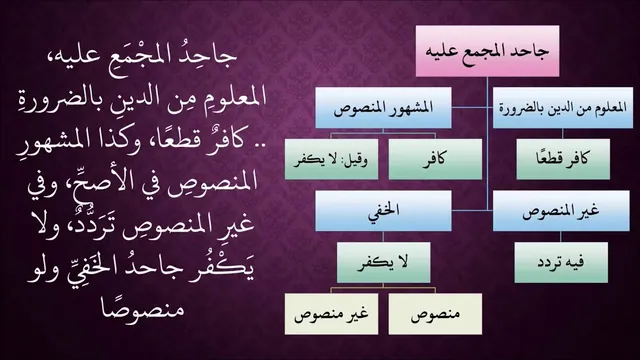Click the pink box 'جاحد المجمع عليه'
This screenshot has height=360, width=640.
(x=487, y=51)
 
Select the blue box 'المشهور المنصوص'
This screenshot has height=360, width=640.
(x=383, y=108)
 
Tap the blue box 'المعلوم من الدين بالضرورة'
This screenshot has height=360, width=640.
(x=563, y=108)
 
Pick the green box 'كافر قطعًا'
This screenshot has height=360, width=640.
(x=563, y=159)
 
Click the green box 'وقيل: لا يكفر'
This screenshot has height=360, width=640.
(x=331, y=159)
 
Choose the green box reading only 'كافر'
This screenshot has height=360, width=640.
(x=435, y=159)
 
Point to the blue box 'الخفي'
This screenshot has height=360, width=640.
(x=383, y=211)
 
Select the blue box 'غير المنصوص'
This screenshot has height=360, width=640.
(x=561, y=211)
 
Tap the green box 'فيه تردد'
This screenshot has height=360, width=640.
(x=561, y=262)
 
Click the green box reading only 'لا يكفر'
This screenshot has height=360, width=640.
(x=383, y=262)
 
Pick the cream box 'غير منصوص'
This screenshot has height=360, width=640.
(x=331, y=314)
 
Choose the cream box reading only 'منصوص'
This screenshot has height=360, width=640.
(x=435, y=314)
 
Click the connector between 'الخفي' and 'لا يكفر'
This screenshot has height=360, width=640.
(x=383, y=237)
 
